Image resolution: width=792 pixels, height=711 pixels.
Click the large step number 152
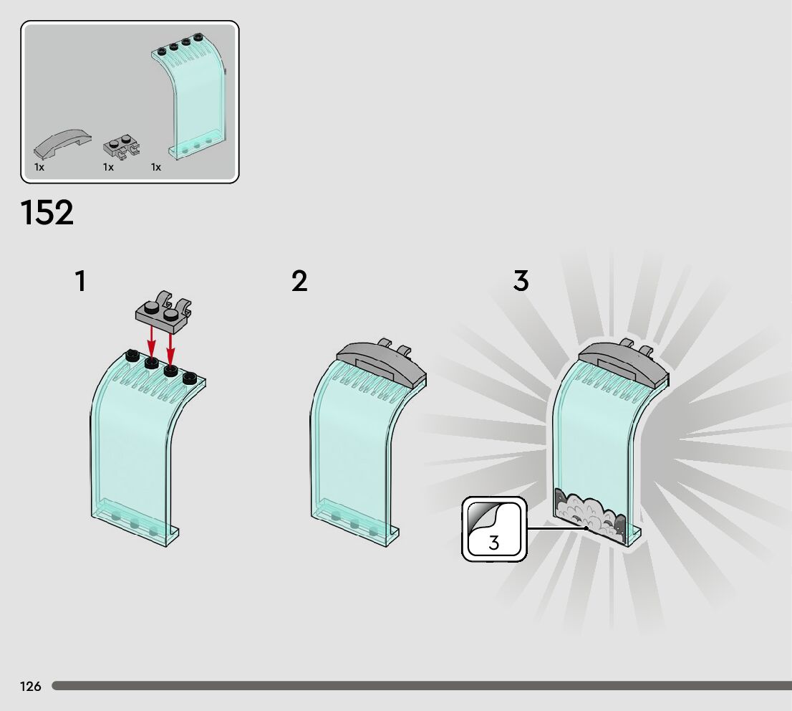tap(47, 213)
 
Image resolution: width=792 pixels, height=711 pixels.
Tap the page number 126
tap(31, 687)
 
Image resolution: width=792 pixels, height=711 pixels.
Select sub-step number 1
tap(80, 282)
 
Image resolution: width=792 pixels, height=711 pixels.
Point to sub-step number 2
tap(299, 281)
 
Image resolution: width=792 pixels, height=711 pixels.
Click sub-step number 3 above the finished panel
tap(521, 281)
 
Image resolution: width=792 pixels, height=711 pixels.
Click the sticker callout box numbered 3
tap(494, 530)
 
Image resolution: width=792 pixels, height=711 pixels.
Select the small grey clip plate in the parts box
tap(121, 147)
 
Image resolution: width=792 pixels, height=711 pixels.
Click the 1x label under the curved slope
tap(39, 167)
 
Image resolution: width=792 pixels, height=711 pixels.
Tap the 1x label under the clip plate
tap(108, 167)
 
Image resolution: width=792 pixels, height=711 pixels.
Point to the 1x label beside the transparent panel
tap(156, 167)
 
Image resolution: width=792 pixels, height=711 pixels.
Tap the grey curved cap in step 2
tap(380, 361)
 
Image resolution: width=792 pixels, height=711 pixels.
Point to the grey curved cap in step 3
tap(619, 360)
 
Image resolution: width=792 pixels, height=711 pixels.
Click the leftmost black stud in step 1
tap(131, 355)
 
